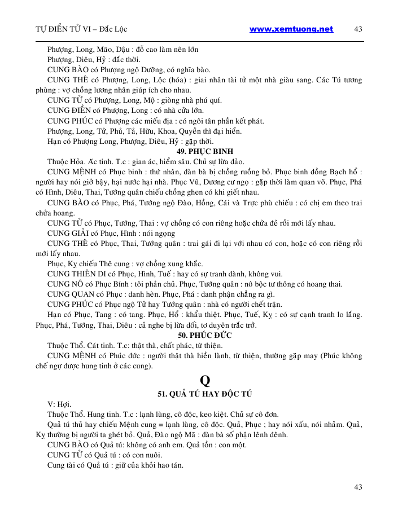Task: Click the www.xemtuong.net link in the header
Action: (x=291, y=29)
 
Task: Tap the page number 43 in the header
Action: (x=357, y=29)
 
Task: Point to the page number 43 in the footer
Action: (x=357, y=486)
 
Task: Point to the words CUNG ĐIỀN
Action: (x=67, y=111)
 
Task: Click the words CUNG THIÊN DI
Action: (x=75, y=274)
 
